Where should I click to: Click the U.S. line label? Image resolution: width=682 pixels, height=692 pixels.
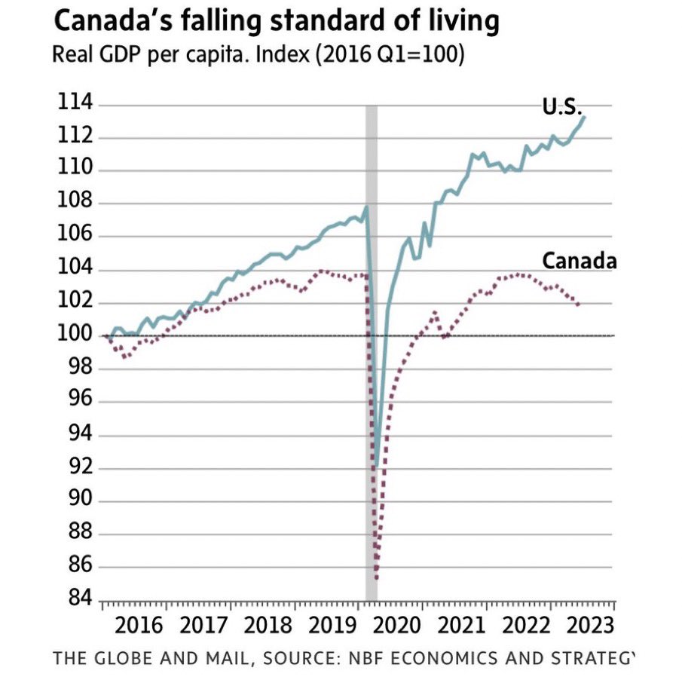(x=562, y=108)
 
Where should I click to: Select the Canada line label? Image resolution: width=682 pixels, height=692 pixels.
(x=580, y=262)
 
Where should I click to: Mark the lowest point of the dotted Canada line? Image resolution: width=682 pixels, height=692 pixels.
(x=376, y=579)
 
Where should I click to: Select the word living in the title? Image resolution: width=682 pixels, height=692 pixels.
(x=464, y=22)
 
